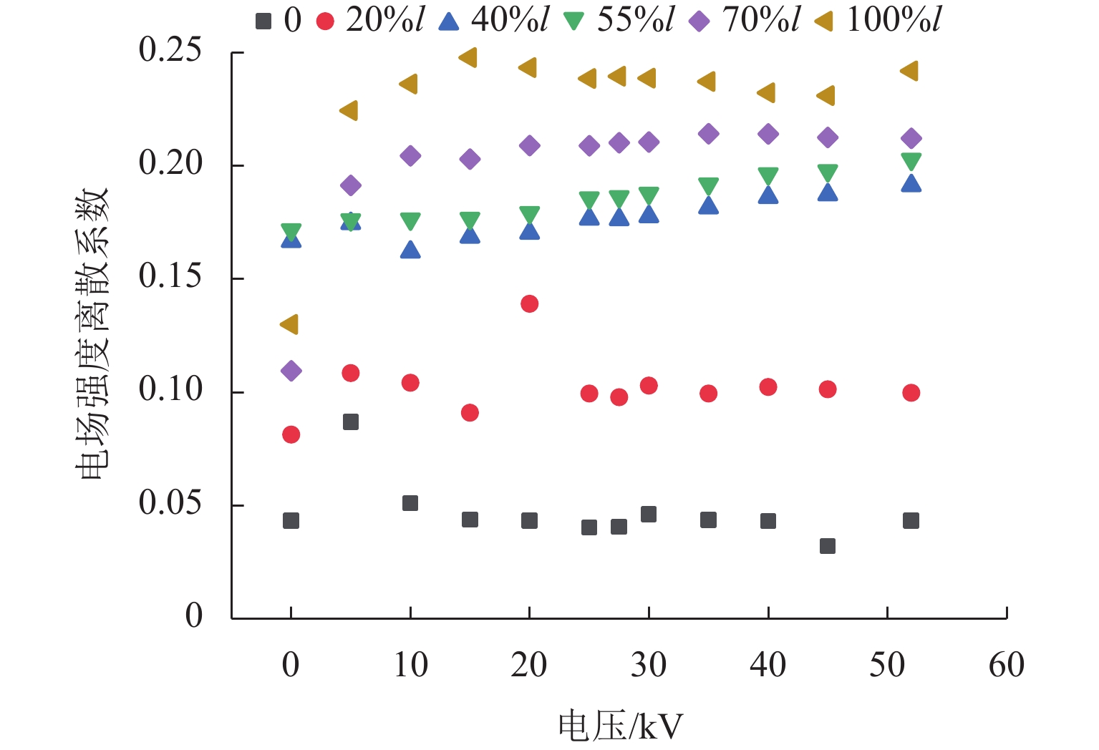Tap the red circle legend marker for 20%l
[325, 21]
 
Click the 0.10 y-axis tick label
[170, 390]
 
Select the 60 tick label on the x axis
[1006, 666]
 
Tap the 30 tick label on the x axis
[648, 666]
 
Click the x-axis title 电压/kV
[620, 727]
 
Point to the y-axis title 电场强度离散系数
[92, 333]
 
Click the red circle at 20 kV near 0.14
[529, 304]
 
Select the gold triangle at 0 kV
[289, 324]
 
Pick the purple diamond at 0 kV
[291, 371]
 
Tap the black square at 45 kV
[827, 546]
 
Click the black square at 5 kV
[350, 422]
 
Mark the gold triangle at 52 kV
[909, 71]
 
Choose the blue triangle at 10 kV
[410, 250]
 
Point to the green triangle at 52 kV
[911, 161]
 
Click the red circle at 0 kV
[291, 434]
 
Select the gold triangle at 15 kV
[468, 58]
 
